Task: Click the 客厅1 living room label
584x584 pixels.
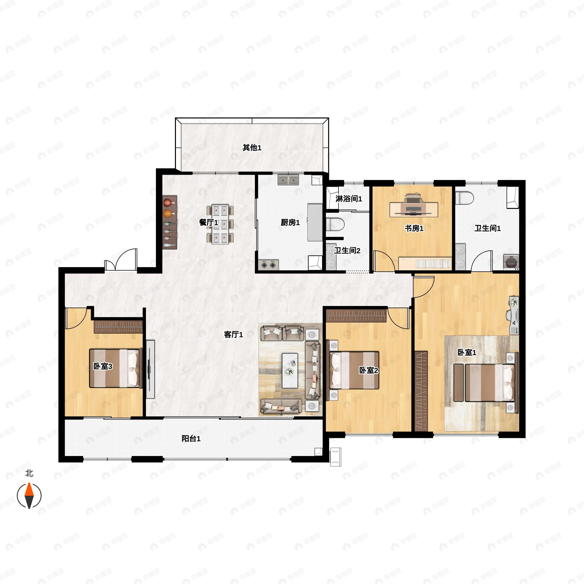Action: [x=233, y=335]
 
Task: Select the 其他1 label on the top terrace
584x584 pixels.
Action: [x=252, y=147]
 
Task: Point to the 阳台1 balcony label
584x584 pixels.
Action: [x=191, y=438]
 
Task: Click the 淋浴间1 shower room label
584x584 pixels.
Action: [x=349, y=199]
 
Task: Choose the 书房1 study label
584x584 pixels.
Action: [x=414, y=228]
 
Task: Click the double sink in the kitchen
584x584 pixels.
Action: [x=288, y=180]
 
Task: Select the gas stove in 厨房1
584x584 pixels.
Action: [x=268, y=265]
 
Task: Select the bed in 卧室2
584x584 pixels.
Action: [x=354, y=370]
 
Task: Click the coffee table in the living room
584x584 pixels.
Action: [x=290, y=371]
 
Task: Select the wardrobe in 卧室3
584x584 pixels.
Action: [x=118, y=327]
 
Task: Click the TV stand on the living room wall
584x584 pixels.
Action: [x=150, y=369]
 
